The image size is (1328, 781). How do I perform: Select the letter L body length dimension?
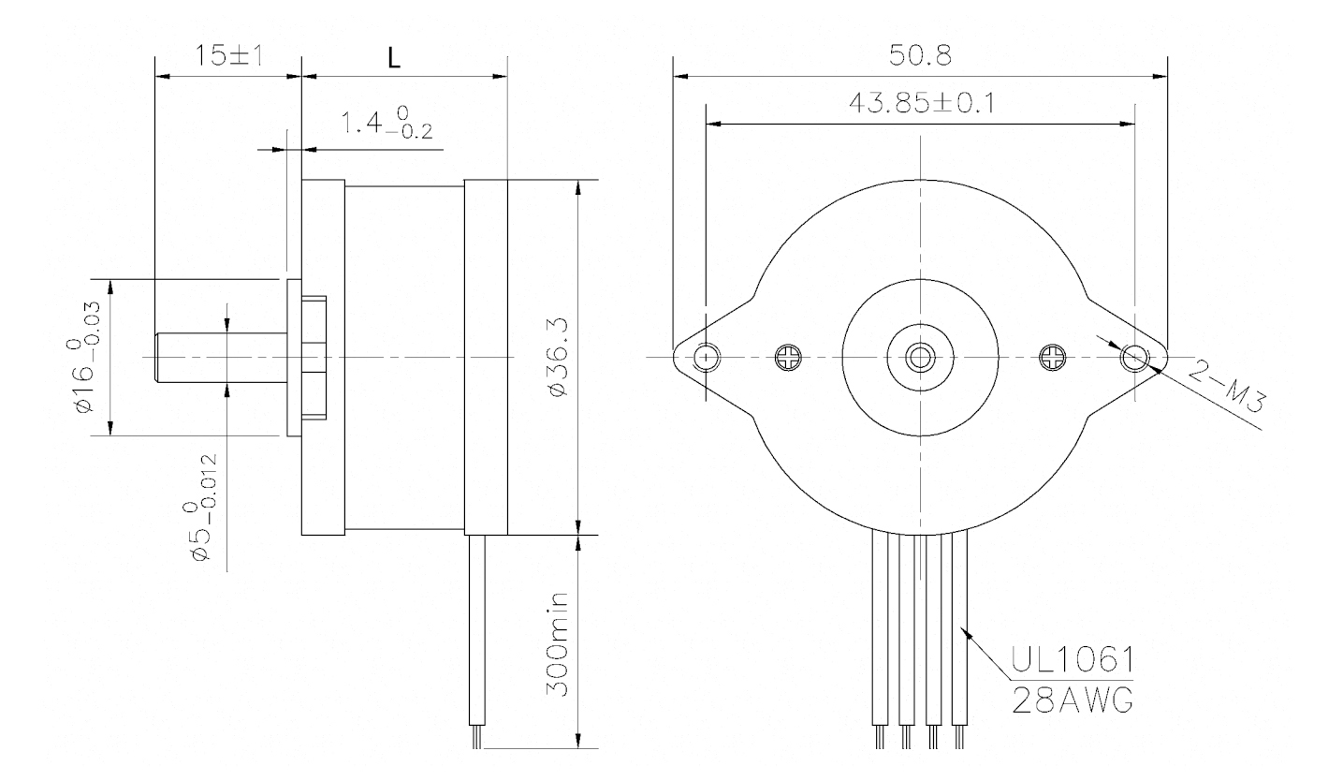pos(395,57)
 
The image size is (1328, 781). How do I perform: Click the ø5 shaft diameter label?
pos(205,507)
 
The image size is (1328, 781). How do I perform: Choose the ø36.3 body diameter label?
pos(559,357)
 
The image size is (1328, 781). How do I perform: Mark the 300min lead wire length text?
pos(559,649)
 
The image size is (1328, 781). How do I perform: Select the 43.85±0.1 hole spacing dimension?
pos(920,103)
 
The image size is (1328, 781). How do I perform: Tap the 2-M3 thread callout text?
pos(1227,388)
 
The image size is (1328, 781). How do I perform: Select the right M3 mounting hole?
pos(1134,356)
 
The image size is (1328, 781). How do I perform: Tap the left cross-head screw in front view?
pos(787,356)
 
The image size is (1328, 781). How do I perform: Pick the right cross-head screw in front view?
pos(1054,356)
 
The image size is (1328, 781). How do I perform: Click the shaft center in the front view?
pos(920,356)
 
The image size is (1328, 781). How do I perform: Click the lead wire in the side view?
pos(476,637)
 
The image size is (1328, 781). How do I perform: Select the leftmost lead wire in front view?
pos(879,637)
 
